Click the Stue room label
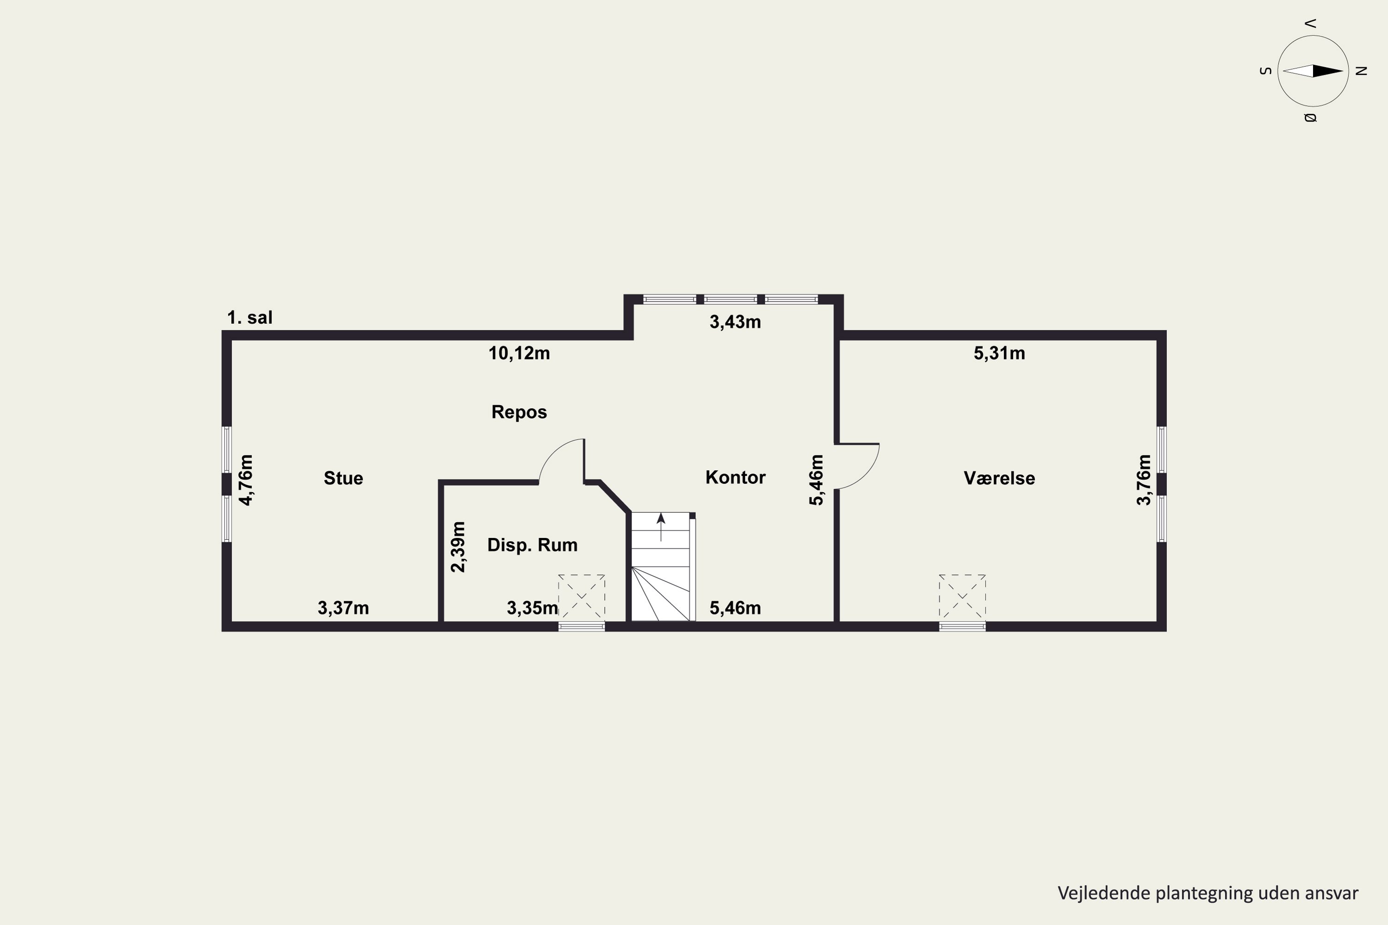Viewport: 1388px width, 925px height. [343, 478]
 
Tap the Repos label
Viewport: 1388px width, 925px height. [519, 412]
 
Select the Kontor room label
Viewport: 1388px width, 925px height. [735, 477]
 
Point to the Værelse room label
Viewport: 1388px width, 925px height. [999, 478]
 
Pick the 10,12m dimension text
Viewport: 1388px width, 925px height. [519, 353]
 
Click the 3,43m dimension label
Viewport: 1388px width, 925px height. [735, 322]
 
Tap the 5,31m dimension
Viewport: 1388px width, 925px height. [999, 353]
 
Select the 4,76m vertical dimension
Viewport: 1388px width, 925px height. [246, 480]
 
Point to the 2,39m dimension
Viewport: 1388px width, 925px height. [458, 547]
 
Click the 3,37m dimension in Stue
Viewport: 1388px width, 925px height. [343, 608]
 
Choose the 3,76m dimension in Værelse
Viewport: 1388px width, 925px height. [1144, 480]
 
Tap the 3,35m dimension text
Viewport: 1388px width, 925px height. [533, 608]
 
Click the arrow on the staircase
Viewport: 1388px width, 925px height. [661, 527]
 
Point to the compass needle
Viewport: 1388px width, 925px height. [1313, 71]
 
